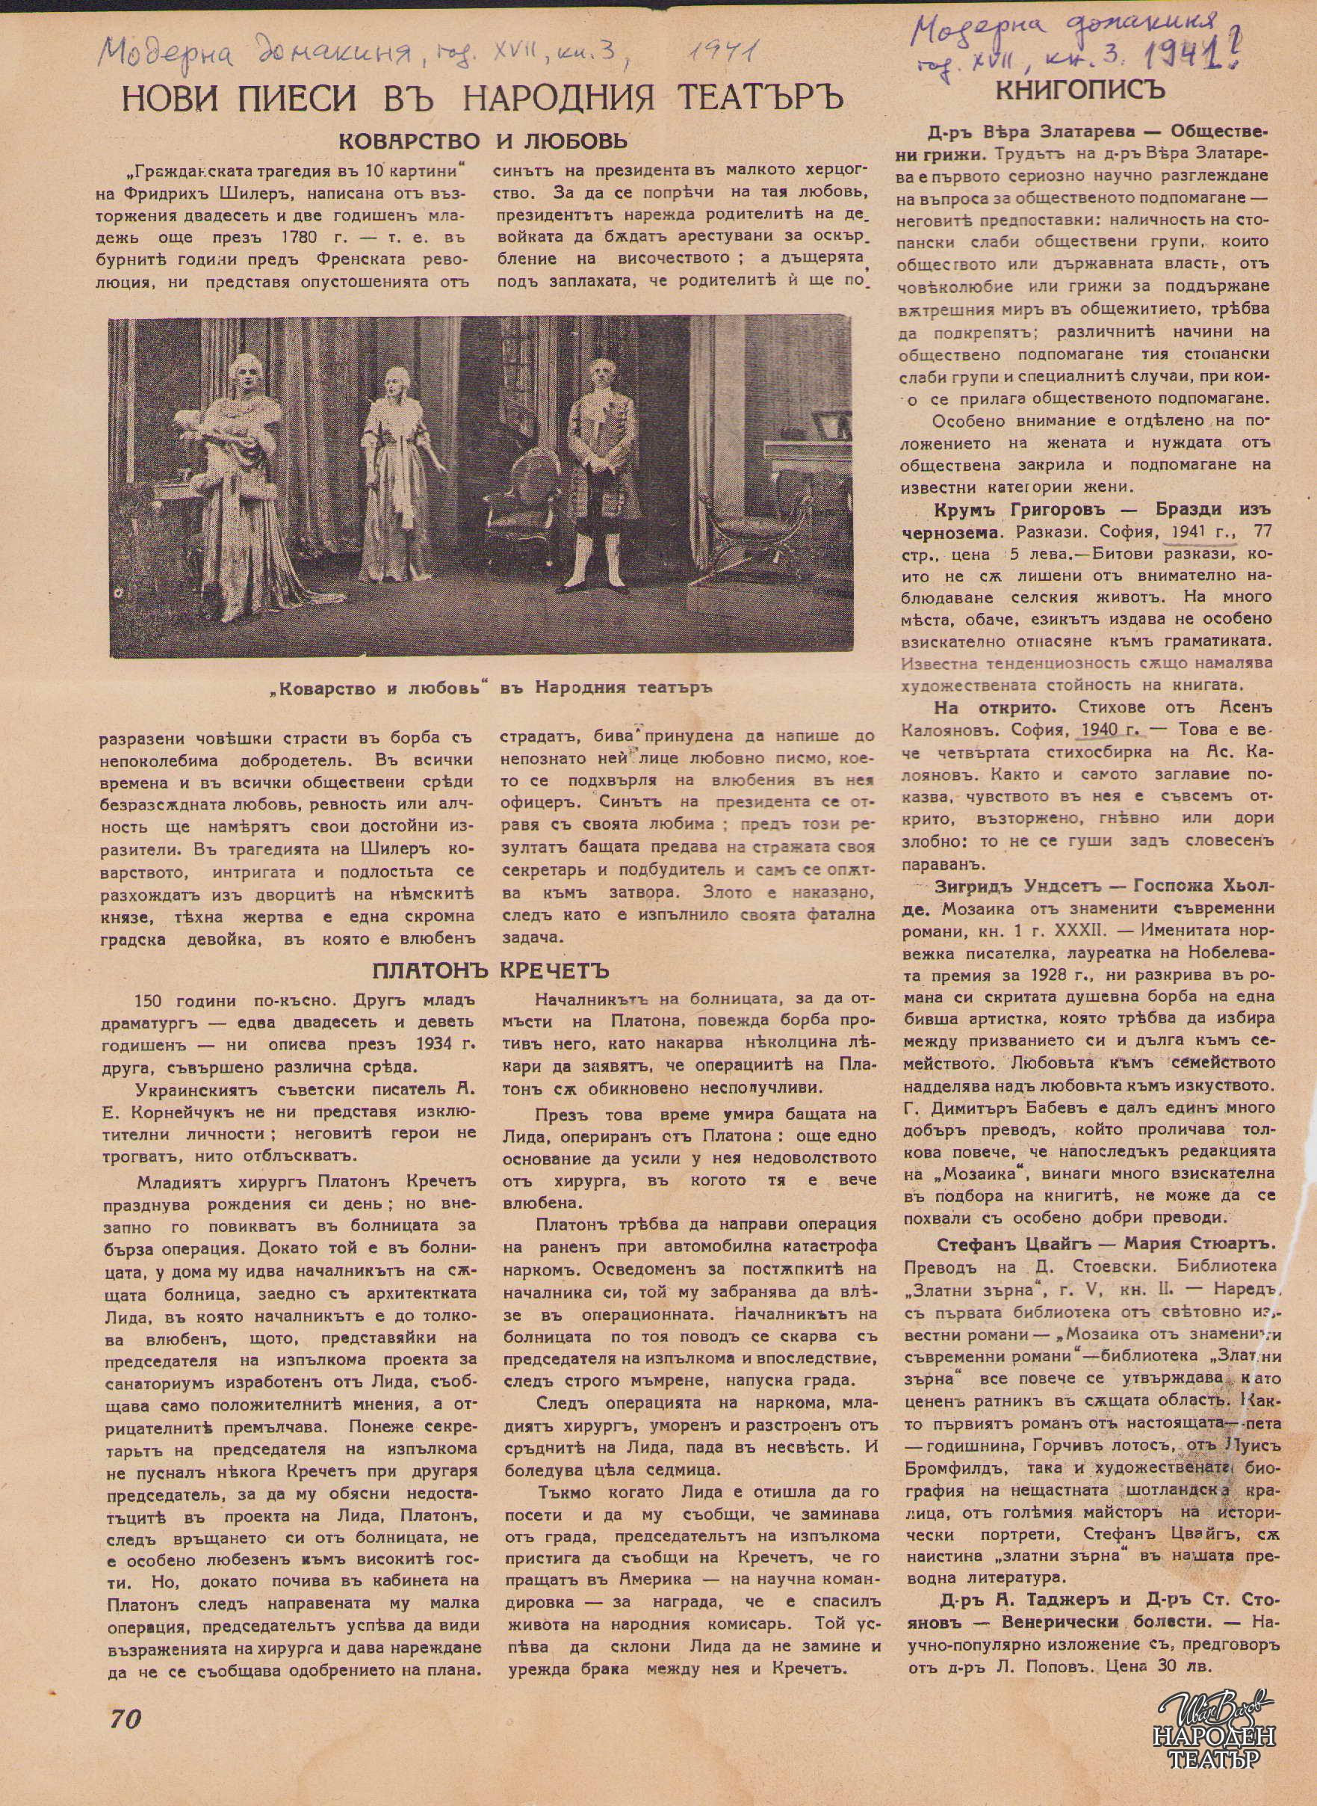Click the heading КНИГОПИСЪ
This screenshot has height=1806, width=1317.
(x=1080, y=90)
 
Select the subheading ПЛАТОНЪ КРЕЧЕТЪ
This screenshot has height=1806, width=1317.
(x=490, y=970)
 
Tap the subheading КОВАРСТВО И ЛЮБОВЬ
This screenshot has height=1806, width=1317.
(x=483, y=141)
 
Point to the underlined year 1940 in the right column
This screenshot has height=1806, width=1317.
(x=1099, y=729)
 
